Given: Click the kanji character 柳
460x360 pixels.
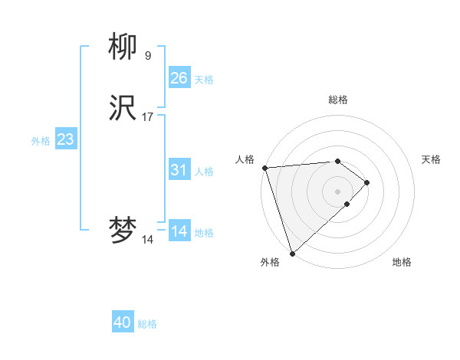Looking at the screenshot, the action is tap(123, 47).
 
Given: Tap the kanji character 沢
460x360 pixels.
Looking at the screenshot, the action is tap(123, 109).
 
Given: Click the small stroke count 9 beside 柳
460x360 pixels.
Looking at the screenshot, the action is tap(147, 55).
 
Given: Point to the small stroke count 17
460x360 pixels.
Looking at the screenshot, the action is tap(148, 117).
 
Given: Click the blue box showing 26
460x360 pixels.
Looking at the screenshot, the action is tap(179, 78).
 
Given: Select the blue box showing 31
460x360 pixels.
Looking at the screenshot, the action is tap(179, 170).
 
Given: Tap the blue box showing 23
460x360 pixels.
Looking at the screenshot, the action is tap(65, 139).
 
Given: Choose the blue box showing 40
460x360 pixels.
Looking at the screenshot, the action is tap(122, 323).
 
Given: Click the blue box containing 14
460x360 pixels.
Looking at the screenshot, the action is tap(179, 231).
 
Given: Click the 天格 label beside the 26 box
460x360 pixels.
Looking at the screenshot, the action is tap(204, 79).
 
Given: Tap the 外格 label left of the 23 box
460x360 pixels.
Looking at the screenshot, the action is tap(41, 140).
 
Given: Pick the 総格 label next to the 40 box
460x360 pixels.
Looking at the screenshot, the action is tap(147, 324).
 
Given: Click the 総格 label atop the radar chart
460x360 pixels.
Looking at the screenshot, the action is tap(337, 100).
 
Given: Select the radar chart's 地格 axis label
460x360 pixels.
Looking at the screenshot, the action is tap(402, 262).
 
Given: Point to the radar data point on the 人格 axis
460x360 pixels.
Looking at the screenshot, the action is tap(264, 168).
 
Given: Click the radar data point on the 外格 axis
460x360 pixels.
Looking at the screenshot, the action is tap(292, 253).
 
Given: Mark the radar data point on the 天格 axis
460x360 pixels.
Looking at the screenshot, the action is tap(368, 182).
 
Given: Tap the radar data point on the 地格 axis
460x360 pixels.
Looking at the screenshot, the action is tap(347, 205).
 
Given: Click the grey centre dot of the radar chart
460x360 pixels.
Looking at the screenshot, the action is tap(337, 191).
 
